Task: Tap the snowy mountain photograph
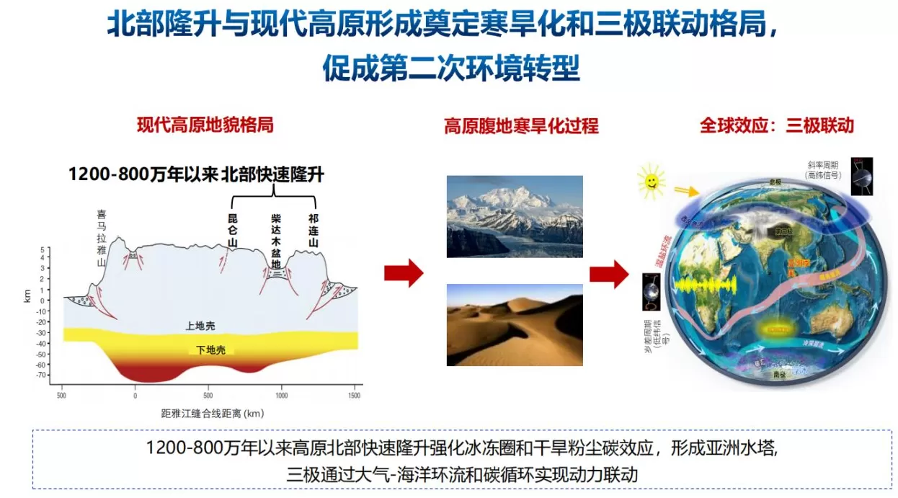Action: click(x=515, y=216)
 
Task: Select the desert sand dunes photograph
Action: click(x=515, y=324)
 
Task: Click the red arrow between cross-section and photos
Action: click(x=403, y=273)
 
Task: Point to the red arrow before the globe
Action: click(x=608, y=273)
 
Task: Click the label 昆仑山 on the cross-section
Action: click(x=233, y=230)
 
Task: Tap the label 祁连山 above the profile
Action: click(x=313, y=230)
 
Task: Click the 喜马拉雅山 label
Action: click(x=102, y=238)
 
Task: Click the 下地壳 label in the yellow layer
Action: click(x=211, y=350)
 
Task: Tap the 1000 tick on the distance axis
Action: click(x=281, y=396)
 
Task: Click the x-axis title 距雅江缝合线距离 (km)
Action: click(x=212, y=413)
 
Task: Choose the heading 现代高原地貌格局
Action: click(x=205, y=125)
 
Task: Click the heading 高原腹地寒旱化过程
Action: click(x=521, y=126)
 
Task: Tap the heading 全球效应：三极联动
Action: click(x=777, y=125)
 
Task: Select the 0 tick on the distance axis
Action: click(x=135, y=396)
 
